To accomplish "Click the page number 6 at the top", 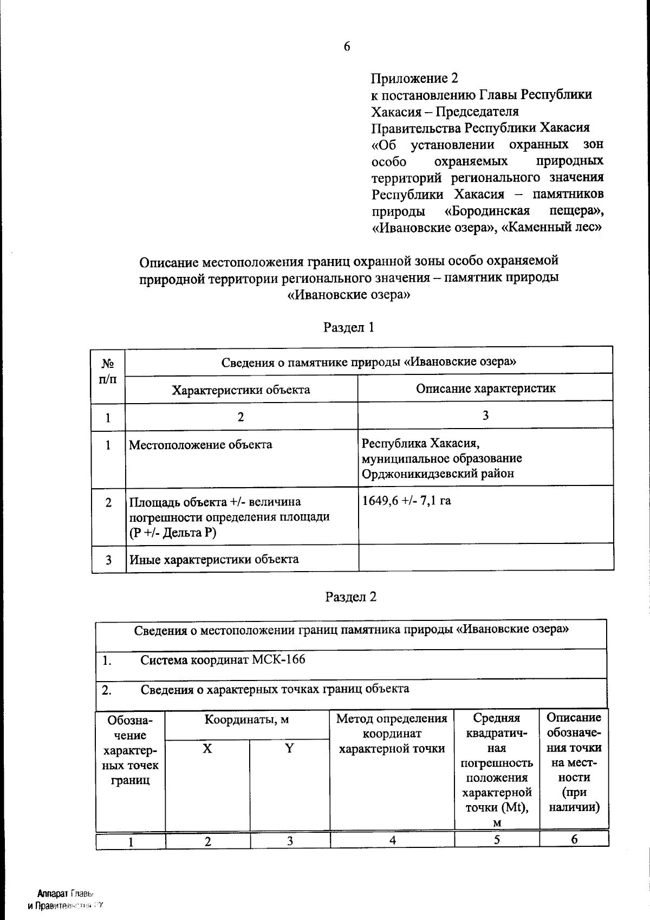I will click(x=347, y=47).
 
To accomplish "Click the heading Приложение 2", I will click(x=414, y=79).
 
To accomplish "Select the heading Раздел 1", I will click(x=349, y=327).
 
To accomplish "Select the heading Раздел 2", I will click(x=350, y=597).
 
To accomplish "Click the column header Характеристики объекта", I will click(x=240, y=390).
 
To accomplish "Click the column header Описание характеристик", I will click(x=485, y=388).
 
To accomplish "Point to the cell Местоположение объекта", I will click(x=200, y=445).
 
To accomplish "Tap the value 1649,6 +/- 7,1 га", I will click(x=406, y=500).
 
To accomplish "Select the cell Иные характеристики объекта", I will click(x=213, y=559).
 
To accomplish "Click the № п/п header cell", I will click(x=108, y=371).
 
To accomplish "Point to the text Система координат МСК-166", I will click(x=223, y=659).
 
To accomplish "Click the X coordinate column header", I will click(x=207, y=749).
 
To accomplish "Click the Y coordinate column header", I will click(x=290, y=749).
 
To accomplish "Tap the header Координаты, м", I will click(x=246, y=720).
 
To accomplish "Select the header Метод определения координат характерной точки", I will click(x=392, y=734).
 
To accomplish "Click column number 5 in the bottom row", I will click(x=496, y=839).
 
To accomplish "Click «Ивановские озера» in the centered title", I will click(x=348, y=296).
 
